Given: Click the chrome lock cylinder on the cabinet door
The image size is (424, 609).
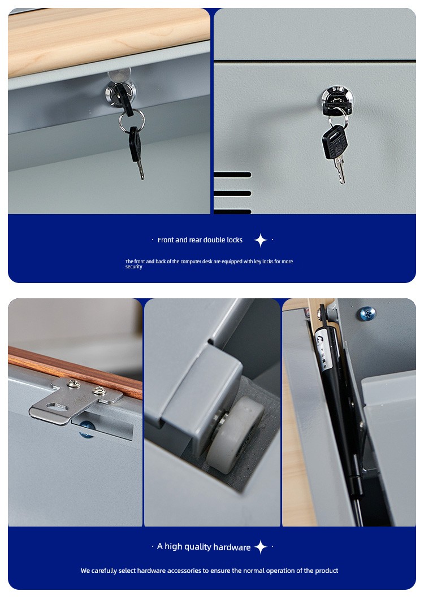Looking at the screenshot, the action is pyautogui.click(x=336, y=99).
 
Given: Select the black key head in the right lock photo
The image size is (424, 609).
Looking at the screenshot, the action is pyautogui.click(x=335, y=142).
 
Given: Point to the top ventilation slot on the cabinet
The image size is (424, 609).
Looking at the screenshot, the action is pyautogui.click(x=232, y=175).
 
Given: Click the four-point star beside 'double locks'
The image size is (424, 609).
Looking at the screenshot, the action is pyautogui.click(x=261, y=240).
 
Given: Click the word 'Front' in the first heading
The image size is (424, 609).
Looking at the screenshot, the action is pyautogui.click(x=166, y=240).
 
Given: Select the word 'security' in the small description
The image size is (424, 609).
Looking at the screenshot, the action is pyautogui.click(x=133, y=267).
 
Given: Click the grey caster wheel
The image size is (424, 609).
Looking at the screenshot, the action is pyautogui.click(x=235, y=435).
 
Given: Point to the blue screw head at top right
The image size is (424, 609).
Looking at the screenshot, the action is pyautogui.click(x=367, y=314).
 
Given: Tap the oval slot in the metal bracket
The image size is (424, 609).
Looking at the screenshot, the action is pyautogui.click(x=57, y=407).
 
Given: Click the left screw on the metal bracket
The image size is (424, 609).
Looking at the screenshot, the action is pyautogui.click(x=73, y=384).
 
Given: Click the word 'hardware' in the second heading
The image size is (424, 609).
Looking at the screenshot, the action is pyautogui.click(x=232, y=547).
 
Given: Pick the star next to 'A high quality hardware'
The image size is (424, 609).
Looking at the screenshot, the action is pyautogui.click(x=261, y=547).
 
